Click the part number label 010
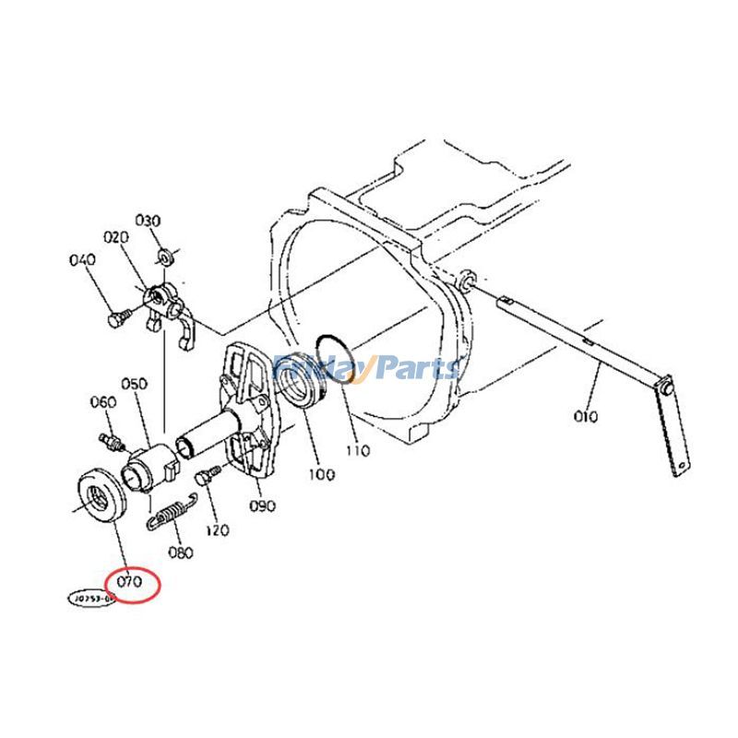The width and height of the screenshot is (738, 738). point(585,415)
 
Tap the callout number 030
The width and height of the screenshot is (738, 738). point(149,220)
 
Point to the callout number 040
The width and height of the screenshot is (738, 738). point(82,260)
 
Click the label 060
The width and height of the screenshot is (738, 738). point(102,402)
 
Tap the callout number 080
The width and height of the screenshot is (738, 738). point(181,553)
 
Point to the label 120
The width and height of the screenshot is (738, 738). point(217,530)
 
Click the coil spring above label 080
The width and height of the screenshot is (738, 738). point(171,512)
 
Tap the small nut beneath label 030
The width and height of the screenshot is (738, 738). point(163,254)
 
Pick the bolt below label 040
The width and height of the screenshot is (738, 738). point(116,318)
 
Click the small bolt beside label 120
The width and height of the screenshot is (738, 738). point(206,476)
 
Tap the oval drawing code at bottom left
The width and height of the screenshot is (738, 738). point(90,598)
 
